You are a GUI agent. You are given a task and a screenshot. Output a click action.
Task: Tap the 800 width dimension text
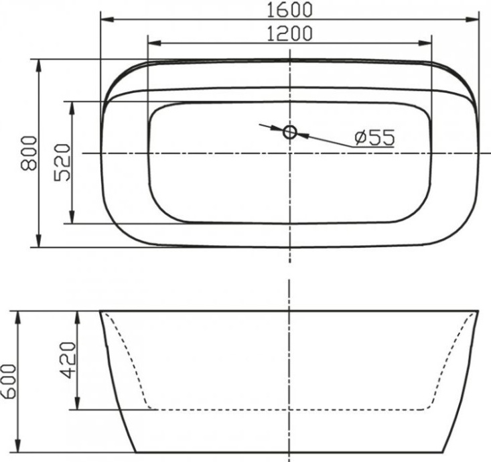[x=27, y=153]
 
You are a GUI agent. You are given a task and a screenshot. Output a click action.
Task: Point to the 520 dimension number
[x=63, y=163]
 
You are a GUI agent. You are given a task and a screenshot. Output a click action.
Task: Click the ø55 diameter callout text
[x=373, y=138]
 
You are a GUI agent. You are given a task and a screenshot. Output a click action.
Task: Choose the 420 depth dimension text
[x=69, y=361]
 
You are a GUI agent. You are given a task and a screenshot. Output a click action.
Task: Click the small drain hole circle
[x=289, y=132]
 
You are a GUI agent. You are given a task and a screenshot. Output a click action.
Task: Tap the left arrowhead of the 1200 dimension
[x=152, y=44]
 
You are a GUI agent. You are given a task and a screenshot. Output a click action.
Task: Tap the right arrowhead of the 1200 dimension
[x=426, y=44]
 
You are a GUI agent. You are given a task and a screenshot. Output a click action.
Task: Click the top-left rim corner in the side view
[x=100, y=311]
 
